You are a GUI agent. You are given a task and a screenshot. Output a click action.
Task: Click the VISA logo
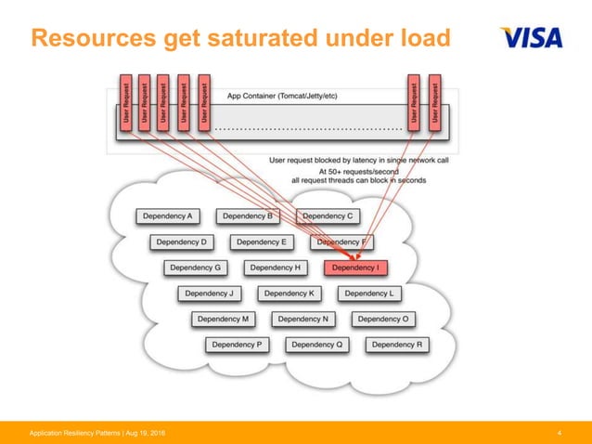[532, 38]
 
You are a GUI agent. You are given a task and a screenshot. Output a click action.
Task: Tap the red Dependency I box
[355, 268]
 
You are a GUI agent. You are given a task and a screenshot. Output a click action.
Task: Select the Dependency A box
[168, 216]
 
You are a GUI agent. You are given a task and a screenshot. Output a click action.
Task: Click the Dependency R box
[397, 345]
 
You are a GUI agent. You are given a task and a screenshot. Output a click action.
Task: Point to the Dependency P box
[237, 345]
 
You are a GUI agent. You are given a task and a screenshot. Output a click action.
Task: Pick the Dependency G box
[196, 268]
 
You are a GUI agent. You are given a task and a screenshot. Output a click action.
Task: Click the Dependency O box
[383, 319]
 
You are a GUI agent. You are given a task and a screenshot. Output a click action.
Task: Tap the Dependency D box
[182, 242]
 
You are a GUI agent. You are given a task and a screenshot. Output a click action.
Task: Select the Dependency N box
[303, 319]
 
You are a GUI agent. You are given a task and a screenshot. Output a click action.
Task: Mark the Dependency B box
[248, 216]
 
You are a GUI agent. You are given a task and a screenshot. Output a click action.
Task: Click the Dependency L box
[369, 294]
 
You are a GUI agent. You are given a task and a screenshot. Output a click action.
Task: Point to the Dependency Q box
[317, 345]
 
